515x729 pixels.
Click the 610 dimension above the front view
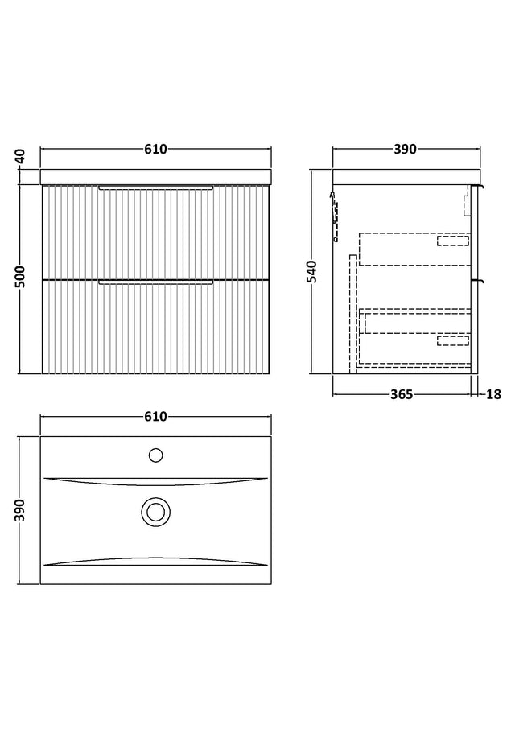point(155,149)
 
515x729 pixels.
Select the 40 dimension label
point(20,157)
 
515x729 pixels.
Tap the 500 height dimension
point(20,277)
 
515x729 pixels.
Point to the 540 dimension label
point(311,271)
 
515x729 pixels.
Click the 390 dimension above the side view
point(406,149)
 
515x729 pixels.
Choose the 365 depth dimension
point(401,394)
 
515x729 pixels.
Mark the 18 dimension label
point(493,394)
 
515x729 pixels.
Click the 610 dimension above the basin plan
point(155,417)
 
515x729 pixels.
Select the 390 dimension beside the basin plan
point(20,510)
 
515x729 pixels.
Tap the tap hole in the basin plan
point(156,455)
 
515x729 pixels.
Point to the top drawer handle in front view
point(156,187)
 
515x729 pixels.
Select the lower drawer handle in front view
point(156,282)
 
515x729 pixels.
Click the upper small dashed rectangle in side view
point(453,241)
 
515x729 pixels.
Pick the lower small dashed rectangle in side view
point(453,341)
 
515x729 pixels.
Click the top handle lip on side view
point(478,187)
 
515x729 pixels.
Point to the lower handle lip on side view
point(478,281)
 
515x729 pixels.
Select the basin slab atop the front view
point(156,177)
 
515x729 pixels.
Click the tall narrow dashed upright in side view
point(352,314)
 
